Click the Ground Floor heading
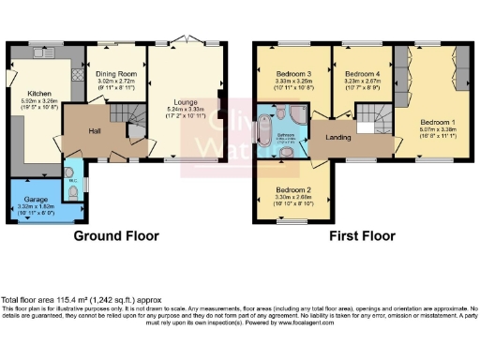(x=115, y=236)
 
